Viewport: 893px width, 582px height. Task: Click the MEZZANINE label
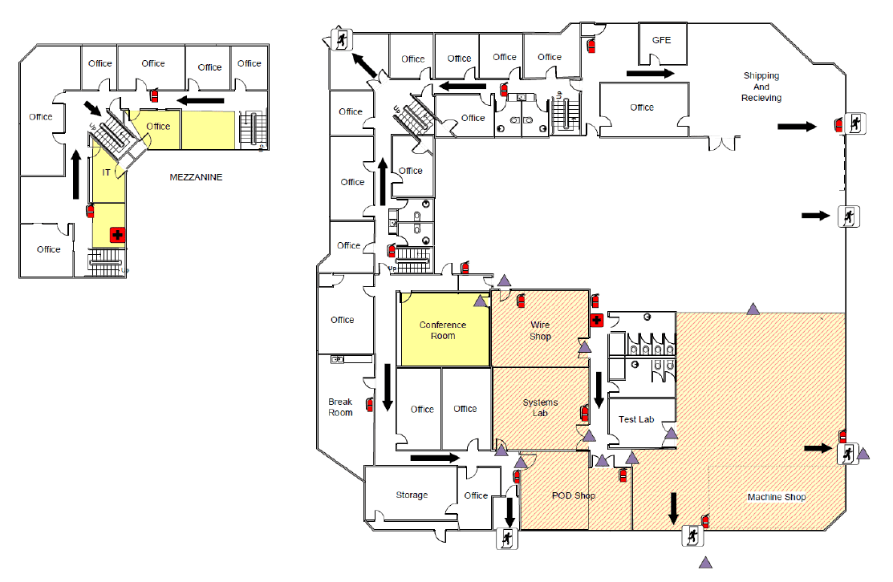tap(196, 177)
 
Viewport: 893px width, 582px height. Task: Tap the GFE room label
tap(661, 40)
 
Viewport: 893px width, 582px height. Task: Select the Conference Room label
tap(443, 330)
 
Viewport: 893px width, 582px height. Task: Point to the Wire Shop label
tap(540, 330)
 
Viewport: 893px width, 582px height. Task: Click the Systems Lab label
tap(540, 407)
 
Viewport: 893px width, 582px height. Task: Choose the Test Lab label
tap(636, 419)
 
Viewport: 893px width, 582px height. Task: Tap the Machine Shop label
tap(776, 497)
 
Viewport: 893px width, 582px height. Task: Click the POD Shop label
tap(573, 495)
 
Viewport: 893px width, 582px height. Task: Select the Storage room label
tap(411, 495)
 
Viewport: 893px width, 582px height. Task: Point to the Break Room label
tap(340, 406)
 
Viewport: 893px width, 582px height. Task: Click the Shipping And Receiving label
tap(761, 87)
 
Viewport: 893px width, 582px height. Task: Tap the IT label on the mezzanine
tap(106, 172)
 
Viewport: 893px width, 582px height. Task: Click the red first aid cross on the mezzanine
tap(117, 235)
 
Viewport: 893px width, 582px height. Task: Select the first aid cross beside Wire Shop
tap(596, 321)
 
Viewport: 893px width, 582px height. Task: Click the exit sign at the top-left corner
tap(341, 40)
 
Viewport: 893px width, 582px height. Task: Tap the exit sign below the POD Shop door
tap(507, 538)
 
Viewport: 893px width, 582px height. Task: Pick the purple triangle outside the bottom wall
tap(705, 562)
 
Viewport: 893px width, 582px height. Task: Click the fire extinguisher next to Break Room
tap(370, 405)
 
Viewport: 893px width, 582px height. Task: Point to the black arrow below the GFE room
tap(650, 73)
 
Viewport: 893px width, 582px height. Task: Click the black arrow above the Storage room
tap(435, 458)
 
